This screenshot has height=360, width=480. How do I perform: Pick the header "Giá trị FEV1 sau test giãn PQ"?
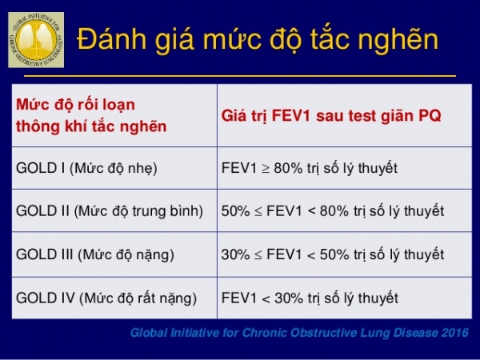pos(331,114)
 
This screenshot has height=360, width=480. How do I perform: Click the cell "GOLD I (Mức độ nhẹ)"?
pos(86,168)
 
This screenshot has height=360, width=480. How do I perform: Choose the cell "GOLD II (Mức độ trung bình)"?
pos(109,211)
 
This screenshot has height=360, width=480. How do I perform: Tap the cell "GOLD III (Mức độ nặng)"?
pos(94,255)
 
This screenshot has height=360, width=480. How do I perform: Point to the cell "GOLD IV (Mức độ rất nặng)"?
pos(106,298)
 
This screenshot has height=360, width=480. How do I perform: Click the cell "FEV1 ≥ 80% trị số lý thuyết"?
pos(310,168)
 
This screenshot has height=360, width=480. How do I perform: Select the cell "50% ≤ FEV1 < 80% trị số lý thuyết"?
pos(332,211)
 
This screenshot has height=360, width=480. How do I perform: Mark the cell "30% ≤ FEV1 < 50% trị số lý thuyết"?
pos(332,255)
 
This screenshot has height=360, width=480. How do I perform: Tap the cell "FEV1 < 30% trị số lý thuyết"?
pos(310,298)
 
